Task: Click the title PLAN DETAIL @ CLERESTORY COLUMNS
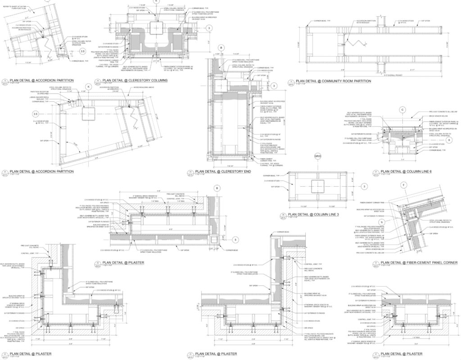tap(135, 81)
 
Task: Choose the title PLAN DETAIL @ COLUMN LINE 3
tap(313, 215)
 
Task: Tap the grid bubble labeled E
tap(156, 1)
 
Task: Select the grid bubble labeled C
tap(403, 109)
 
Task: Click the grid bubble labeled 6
tap(449, 140)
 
